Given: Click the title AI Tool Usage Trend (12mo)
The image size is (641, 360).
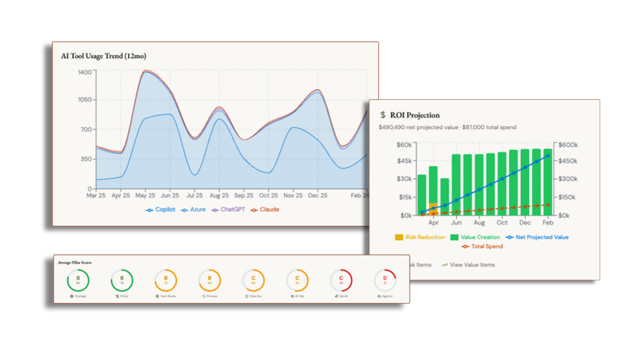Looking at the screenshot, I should (103, 56).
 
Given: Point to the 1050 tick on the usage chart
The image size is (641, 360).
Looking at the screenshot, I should (85, 100).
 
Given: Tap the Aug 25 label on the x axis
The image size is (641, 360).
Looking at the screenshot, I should (219, 195).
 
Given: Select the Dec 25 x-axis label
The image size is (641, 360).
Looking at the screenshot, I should (317, 195).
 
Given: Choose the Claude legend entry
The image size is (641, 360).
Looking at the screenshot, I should (266, 210).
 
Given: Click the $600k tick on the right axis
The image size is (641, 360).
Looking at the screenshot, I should (566, 145).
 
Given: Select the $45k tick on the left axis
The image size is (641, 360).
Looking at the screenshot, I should (403, 162).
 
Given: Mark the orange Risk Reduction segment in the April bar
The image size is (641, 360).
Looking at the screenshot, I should (433, 207).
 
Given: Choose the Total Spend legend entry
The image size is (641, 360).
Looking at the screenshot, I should (485, 246).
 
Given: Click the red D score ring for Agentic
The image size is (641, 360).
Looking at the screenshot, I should (385, 281).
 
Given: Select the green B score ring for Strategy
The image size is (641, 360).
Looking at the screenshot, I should (78, 281).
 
